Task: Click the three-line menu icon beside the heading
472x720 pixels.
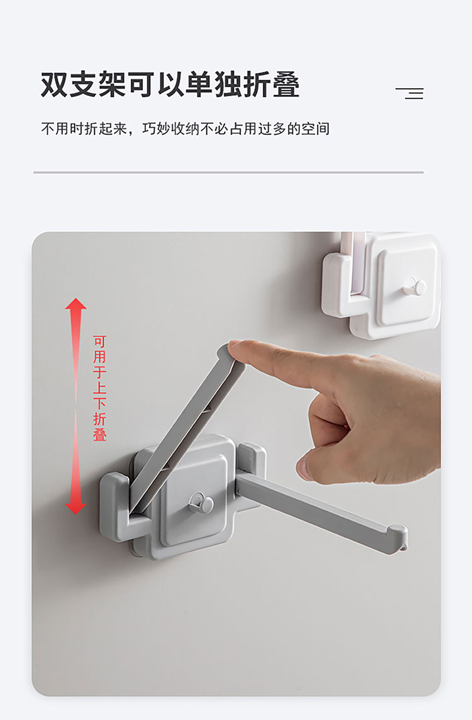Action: pyautogui.click(x=409, y=93)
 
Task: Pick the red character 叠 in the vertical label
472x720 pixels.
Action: pyautogui.click(x=100, y=434)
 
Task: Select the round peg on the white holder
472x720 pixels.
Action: pyautogui.click(x=415, y=286)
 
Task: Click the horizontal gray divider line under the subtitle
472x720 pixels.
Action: pyautogui.click(x=229, y=172)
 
